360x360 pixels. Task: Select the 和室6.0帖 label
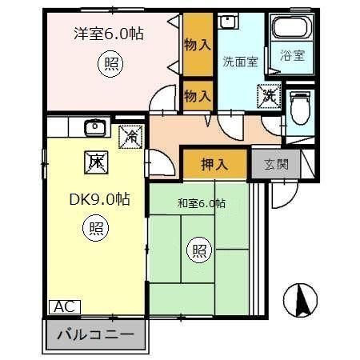coord(201,202)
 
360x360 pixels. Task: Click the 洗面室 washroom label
coord(240,61)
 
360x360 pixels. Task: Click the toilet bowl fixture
coord(301,107)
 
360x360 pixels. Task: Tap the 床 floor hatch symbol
coord(96,162)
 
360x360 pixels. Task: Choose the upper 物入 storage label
coord(197,44)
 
